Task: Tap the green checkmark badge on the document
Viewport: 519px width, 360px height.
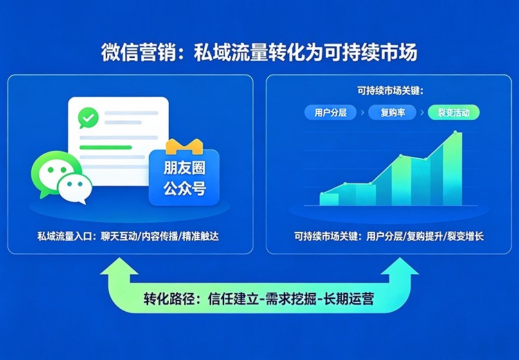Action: (88, 118)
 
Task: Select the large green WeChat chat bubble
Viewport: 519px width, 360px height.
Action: (52, 172)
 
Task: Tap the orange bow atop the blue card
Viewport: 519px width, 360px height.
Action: (183, 146)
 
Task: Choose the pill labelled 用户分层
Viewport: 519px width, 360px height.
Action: (329, 111)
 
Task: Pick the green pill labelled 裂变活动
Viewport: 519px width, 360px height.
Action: (453, 111)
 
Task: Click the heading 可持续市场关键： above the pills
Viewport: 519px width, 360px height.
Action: (390, 91)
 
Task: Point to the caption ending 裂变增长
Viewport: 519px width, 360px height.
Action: (389, 237)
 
